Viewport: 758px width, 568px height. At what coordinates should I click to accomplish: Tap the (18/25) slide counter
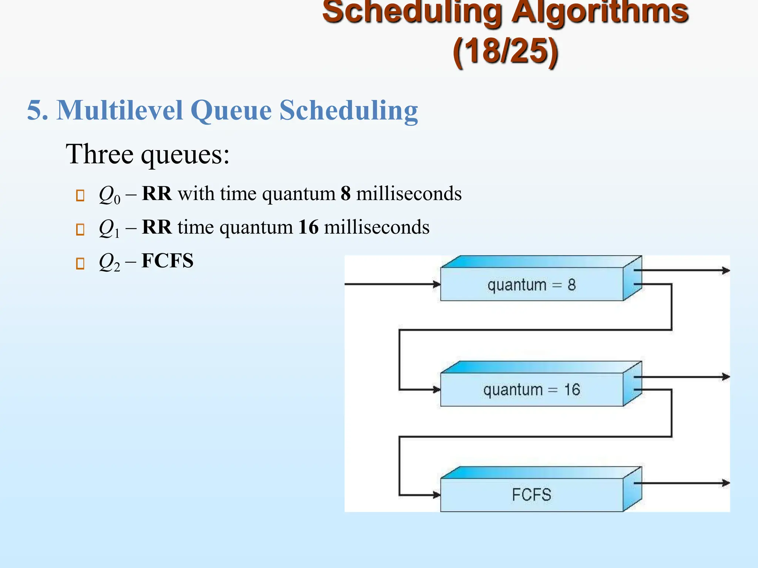pyautogui.click(x=505, y=52)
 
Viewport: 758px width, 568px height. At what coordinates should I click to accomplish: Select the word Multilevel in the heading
pyautogui.click(x=120, y=110)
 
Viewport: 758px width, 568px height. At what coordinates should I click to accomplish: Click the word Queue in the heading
pyautogui.click(x=231, y=111)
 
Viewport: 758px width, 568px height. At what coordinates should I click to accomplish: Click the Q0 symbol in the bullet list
pyautogui.click(x=109, y=195)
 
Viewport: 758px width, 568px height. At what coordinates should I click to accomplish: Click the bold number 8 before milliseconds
pyautogui.click(x=345, y=193)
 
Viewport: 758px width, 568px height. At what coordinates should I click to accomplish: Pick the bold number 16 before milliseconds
pyautogui.click(x=308, y=227)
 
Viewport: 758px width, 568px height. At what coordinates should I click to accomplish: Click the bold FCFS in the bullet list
pyautogui.click(x=167, y=261)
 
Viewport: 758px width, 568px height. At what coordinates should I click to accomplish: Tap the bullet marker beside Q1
pyautogui.click(x=80, y=229)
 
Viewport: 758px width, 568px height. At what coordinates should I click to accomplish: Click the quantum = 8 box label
pyautogui.click(x=531, y=285)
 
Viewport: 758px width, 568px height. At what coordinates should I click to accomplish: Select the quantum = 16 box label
pyautogui.click(x=531, y=390)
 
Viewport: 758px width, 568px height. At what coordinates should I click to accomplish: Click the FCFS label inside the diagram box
pyautogui.click(x=531, y=495)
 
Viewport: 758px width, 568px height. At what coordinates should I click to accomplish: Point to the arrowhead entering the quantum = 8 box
pyautogui.click(x=437, y=284)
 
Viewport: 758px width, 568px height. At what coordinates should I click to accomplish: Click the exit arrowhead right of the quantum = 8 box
pyautogui.click(x=726, y=271)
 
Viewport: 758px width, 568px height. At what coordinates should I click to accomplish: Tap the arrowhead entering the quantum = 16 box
pyautogui.click(x=437, y=389)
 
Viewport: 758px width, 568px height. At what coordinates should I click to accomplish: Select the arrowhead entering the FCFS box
pyautogui.click(x=437, y=495)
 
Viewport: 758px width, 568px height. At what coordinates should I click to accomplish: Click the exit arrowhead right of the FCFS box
pyautogui.click(x=726, y=483)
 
